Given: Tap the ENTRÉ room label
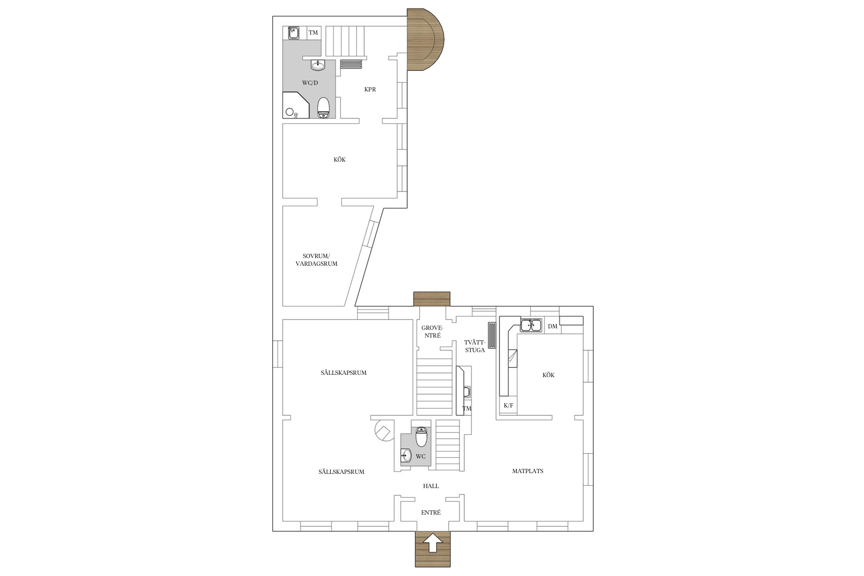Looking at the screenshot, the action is (x=431, y=513).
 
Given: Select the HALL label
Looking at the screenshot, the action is (x=431, y=486).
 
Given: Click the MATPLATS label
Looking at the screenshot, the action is (x=528, y=471).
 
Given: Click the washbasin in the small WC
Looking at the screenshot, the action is (x=406, y=456).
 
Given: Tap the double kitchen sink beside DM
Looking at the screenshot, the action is (x=531, y=325).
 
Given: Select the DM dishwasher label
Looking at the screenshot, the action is (x=553, y=326).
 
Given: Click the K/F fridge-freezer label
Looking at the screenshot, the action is (x=508, y=406).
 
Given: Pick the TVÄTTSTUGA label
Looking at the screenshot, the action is (x=475, y=346).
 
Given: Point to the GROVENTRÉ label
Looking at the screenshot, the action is (x=432, y=331).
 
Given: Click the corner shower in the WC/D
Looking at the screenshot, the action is (x=296, y=105).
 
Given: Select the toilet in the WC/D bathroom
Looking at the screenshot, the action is (x=324, y=108).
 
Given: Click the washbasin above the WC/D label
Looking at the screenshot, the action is (x=318, y=65).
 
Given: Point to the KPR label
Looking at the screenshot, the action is (x=370, y=89).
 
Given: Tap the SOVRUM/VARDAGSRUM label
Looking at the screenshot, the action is (x=316, y=260).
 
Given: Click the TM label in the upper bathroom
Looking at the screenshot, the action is (x=313, y=33).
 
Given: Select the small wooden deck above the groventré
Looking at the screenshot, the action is (x=432, y=299).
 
